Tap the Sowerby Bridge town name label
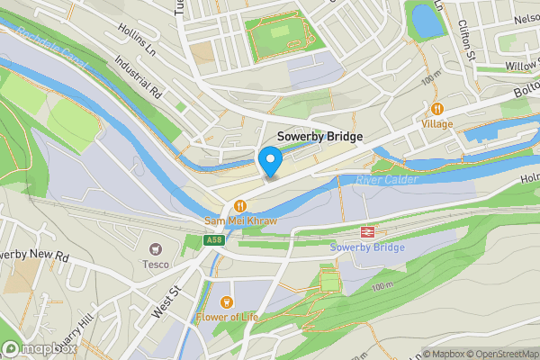click(x=319, y=136)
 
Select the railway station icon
click(x=367, y=231)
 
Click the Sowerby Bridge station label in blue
click(x=367, y=247)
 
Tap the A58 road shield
click(x=213, y=240)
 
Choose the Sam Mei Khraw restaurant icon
click(x=239, y=205)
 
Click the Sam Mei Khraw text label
click(x=239, y=220)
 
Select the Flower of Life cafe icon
click(x=226, y=301)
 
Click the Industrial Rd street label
click(x=137, y=80)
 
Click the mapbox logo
click(x=36, y=348)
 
